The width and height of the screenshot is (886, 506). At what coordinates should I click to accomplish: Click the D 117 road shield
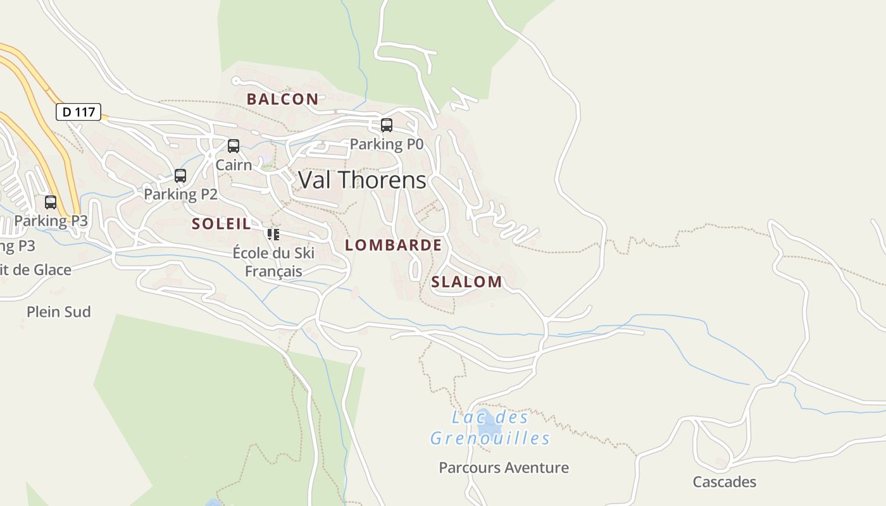click(78, 112)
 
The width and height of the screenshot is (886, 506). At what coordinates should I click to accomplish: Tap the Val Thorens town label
click(362, 180)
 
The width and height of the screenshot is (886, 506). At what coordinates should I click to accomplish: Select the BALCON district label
click(282, 99)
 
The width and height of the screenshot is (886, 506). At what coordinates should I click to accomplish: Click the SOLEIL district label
click(221, 223)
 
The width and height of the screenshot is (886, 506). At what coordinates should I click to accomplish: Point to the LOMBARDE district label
click(393, 245)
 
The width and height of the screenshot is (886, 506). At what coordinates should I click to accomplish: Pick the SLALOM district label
click(466, 282)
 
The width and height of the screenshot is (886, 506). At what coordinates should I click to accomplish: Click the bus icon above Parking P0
click(386, 125)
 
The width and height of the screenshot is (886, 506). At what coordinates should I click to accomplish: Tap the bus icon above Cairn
click(234, 146)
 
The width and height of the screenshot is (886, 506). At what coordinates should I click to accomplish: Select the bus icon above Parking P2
click(180, 176)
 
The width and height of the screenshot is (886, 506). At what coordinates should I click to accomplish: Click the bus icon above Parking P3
click(51, 202)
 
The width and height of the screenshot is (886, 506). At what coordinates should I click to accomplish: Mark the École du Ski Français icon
click(273, 235)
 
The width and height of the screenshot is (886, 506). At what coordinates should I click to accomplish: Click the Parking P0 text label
click(386, 144)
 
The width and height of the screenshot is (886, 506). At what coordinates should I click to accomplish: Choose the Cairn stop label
click(234, 165)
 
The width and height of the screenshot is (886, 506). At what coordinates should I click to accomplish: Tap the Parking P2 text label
click(180, 194)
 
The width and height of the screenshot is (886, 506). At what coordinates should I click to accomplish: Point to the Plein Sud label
click(59, 312)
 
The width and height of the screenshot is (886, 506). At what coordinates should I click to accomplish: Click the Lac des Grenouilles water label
click(490, 428)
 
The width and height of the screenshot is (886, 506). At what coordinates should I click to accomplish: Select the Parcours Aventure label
click(504, 468)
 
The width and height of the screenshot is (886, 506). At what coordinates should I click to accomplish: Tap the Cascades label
click(724, 482)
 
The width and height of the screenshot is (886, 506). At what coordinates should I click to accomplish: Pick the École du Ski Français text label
click(273, 262)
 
